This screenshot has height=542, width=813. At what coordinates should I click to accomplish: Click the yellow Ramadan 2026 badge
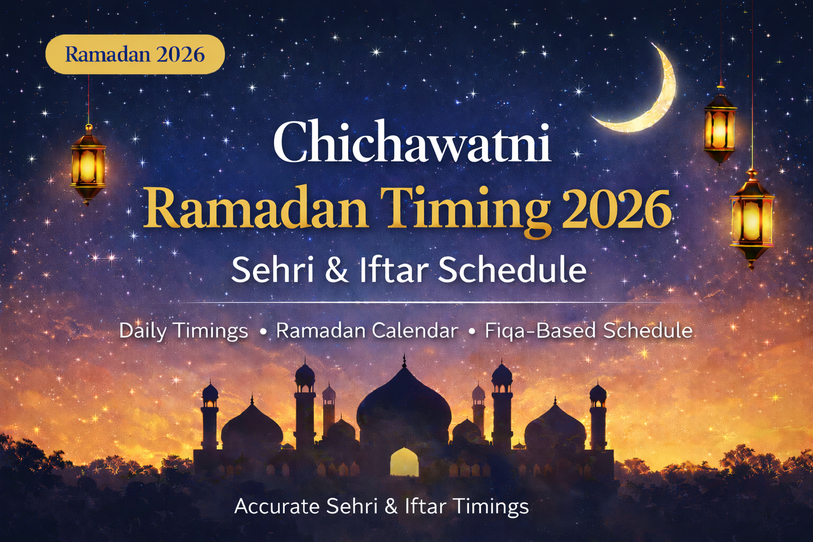[135, 54]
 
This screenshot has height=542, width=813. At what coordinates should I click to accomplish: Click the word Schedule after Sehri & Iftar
[512, 270]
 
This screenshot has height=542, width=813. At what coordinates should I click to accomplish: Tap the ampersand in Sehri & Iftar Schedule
[337, 270]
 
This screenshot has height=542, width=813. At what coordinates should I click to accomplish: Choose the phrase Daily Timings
[184, 331]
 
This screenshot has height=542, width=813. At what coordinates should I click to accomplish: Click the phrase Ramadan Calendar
[367, 331]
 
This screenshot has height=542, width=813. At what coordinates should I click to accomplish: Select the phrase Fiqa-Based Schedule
[589, 331]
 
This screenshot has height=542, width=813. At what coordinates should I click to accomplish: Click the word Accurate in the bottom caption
[277, 507]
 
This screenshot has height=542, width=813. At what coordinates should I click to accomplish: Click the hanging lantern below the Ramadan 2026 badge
[88, 164]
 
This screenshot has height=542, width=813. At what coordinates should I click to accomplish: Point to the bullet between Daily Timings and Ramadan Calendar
[263, 332]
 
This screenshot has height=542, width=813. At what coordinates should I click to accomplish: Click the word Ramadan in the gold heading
[256, 209]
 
